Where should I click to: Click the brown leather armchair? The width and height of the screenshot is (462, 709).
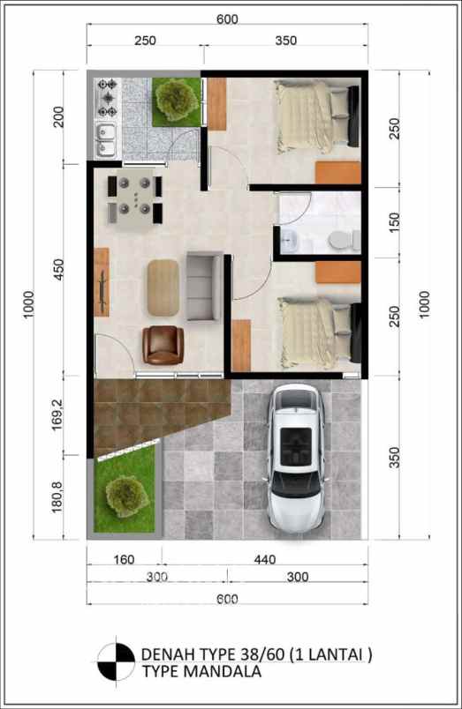click(x=163, y=345)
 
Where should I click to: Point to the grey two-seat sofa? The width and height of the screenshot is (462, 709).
click(x=204, y=287)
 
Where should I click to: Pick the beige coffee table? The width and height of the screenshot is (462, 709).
click(x=163, y=287)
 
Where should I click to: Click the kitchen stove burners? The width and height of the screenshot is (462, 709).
click(x=108, y=98)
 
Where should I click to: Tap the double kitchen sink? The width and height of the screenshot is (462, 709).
click(x=106, y=139)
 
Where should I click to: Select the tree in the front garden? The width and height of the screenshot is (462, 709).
click(x=127, y=496)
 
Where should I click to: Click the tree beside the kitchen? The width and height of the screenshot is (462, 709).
click(x=176, y=100)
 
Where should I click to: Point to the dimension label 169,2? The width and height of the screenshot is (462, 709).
click(x=57, y=414)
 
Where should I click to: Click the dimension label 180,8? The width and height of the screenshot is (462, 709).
click(x=57, y=496)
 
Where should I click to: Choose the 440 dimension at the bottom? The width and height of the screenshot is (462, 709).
click(x=264, y=559)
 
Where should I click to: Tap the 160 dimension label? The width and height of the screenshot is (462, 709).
click(x=124, y=559)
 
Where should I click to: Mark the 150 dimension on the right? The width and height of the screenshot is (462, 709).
click(x=395, y=222)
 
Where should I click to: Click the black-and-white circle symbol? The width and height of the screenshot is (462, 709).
click(x=117, y=661)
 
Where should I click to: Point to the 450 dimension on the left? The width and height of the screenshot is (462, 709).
click(x=58, y=270)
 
